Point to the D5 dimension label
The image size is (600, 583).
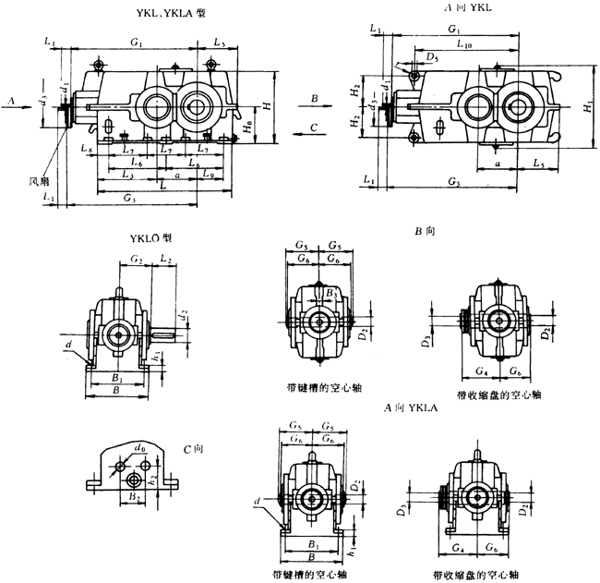coord(431,56)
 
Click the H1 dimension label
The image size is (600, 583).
coord(587,108)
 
